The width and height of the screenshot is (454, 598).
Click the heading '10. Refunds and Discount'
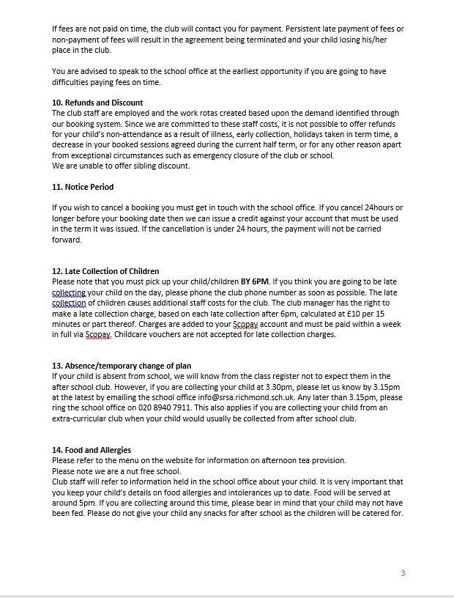coord(97,103)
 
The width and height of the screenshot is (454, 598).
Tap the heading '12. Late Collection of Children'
coord(105,271)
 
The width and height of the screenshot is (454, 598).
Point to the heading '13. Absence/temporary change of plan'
coord(122,366)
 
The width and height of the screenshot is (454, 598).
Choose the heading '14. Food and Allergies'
coord(92,450)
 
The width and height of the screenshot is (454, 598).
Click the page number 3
coord(403,573)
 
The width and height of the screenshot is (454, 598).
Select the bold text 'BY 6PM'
coord(256,281)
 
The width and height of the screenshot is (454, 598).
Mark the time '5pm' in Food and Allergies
coord(87,503)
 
